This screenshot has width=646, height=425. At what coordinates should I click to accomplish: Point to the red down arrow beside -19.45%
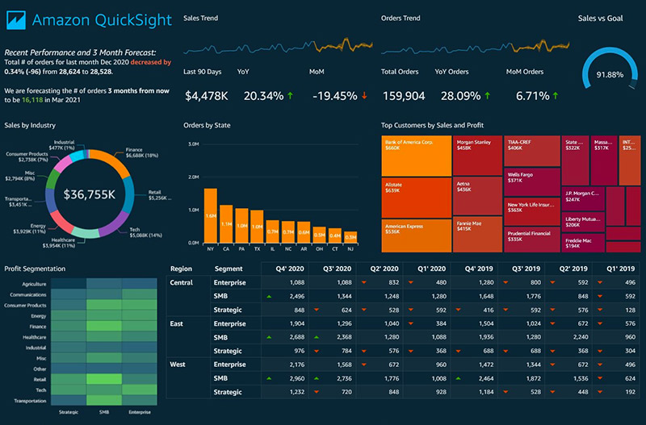(x=364, y=96)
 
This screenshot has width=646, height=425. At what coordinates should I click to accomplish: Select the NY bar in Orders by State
(x=210, y=215)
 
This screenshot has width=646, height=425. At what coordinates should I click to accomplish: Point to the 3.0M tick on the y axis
(x=193, y=144)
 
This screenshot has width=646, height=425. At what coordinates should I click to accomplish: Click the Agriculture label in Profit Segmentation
(x=34, y=284)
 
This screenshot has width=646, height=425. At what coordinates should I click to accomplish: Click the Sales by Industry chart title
(x=29, y=125)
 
